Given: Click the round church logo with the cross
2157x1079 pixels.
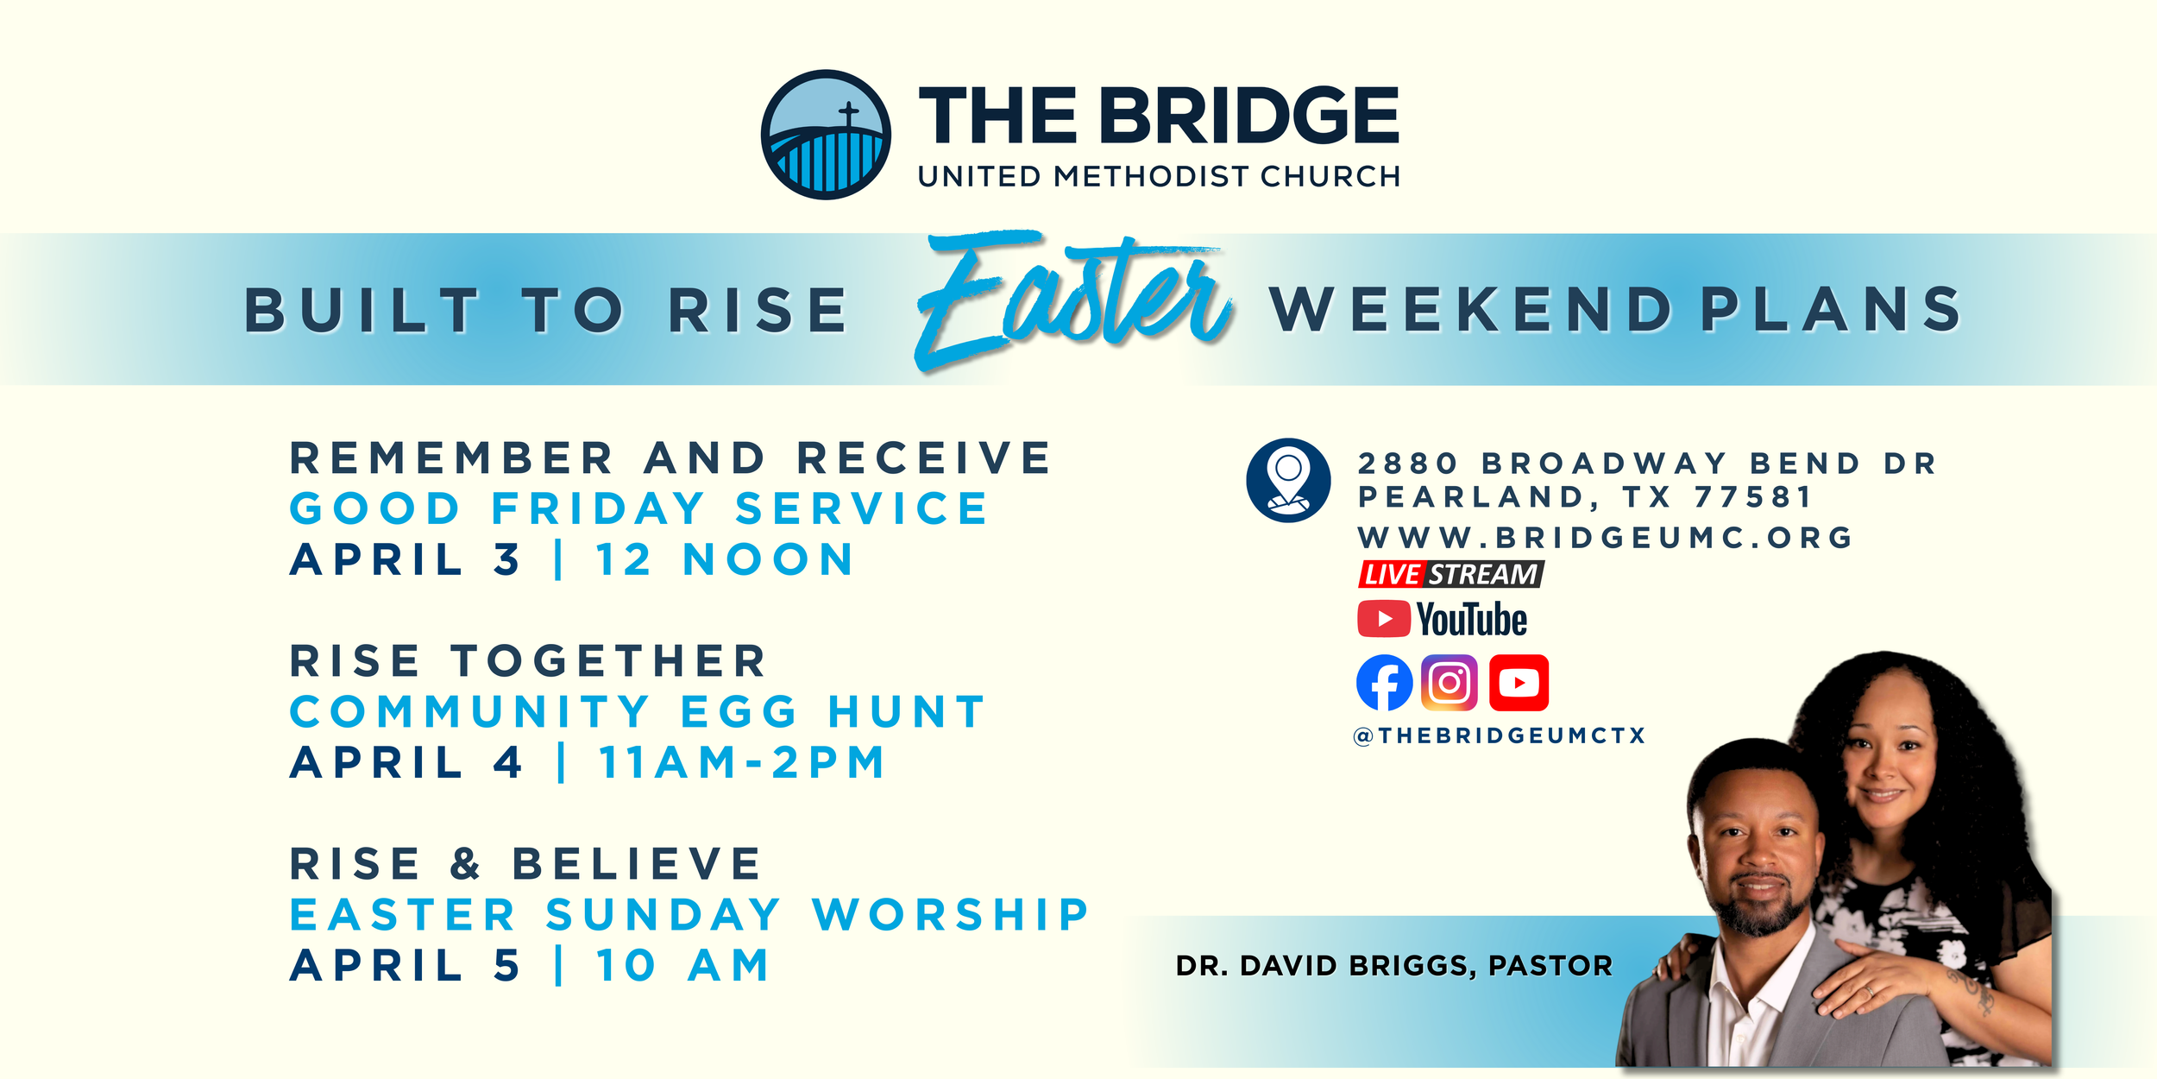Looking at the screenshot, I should click(826, 135).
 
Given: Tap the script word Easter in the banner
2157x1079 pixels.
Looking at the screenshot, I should click(1074, 298).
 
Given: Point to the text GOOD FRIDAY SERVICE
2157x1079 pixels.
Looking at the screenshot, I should click(638, 508).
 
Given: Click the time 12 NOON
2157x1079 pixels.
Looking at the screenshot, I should click(725, 559).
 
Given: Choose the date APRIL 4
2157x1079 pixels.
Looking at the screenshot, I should click(406, 762).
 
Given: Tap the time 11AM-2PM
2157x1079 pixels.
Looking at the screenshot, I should click(742, 762).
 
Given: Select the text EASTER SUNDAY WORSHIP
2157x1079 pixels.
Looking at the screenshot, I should click(689, 915).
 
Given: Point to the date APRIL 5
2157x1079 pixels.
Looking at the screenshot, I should click(406, 965).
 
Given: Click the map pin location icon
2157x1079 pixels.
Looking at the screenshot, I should click(1288, 480).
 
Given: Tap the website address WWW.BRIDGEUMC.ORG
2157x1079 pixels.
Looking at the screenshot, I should click(1605, 538).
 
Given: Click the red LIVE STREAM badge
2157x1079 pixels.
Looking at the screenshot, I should click(1450, 574).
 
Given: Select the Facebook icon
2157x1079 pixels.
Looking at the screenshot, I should click(1384, 683).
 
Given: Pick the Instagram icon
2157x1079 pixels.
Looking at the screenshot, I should click(1450, 683).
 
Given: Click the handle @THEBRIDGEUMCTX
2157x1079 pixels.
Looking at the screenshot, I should click(1500, 735).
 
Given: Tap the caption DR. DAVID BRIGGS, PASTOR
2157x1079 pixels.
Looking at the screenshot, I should click(1393, 965).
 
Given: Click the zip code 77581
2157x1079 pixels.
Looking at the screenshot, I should click(1753, 497).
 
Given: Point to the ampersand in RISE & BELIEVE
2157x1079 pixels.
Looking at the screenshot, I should click(465, 864).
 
